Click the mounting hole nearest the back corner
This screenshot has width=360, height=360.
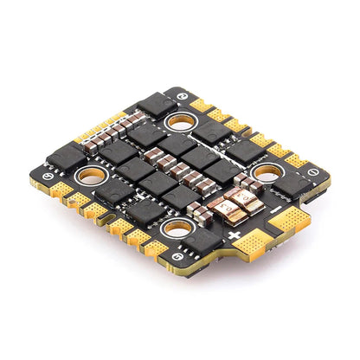tap(181, 120)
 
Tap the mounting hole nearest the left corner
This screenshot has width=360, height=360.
tap(89, 177)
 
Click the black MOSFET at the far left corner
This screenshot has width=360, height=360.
tap(65, 157)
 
